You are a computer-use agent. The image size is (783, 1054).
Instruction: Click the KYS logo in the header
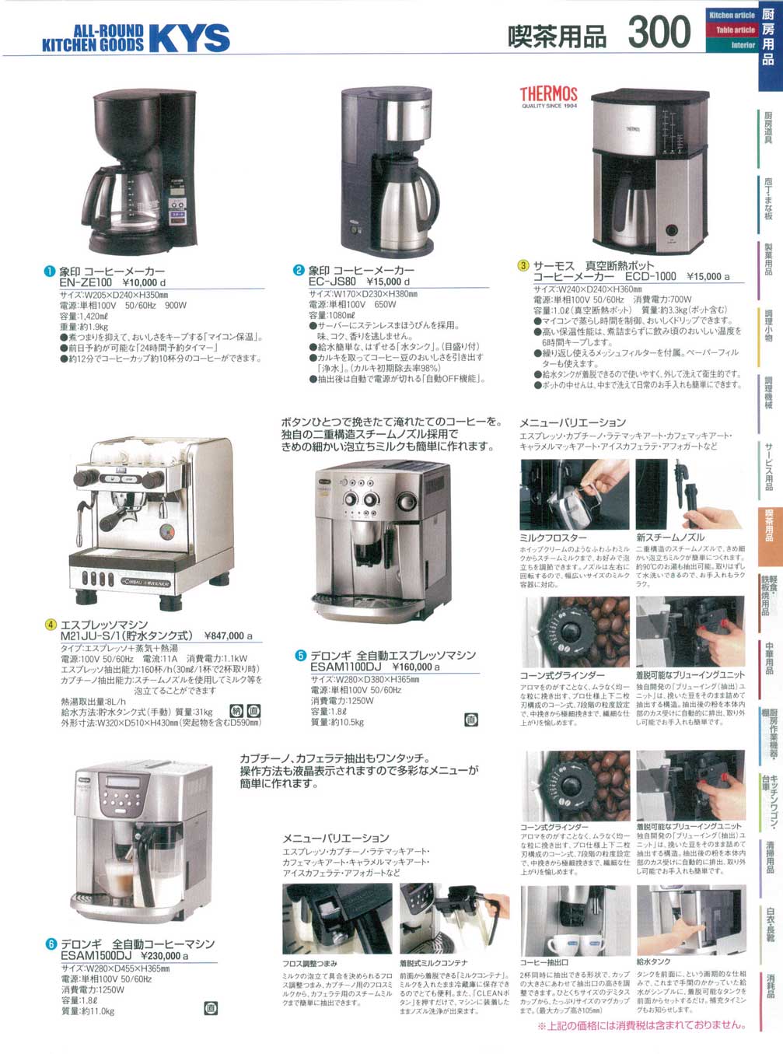point(189,37)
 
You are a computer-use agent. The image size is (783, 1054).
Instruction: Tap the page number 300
point(659,33)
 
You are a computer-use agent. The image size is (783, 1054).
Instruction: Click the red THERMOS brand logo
point(548,95)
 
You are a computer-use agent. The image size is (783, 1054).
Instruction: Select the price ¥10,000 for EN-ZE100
point(144,282)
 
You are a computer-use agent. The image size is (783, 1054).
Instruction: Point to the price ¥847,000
point(228,636)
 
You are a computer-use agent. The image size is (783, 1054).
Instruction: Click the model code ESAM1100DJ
point(345,667)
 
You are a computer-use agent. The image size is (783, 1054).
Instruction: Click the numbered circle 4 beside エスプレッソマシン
point(51,625)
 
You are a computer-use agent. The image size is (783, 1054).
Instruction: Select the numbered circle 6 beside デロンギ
point(51,944)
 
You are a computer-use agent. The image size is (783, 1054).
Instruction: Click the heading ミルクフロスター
point(553,538)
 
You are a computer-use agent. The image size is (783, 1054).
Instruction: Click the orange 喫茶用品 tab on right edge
point(768,525)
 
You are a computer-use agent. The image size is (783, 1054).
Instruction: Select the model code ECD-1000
point(650,276)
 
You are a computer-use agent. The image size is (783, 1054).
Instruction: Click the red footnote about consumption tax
point(641,1025)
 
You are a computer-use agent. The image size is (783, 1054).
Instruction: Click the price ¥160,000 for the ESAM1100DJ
point(416,667)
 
